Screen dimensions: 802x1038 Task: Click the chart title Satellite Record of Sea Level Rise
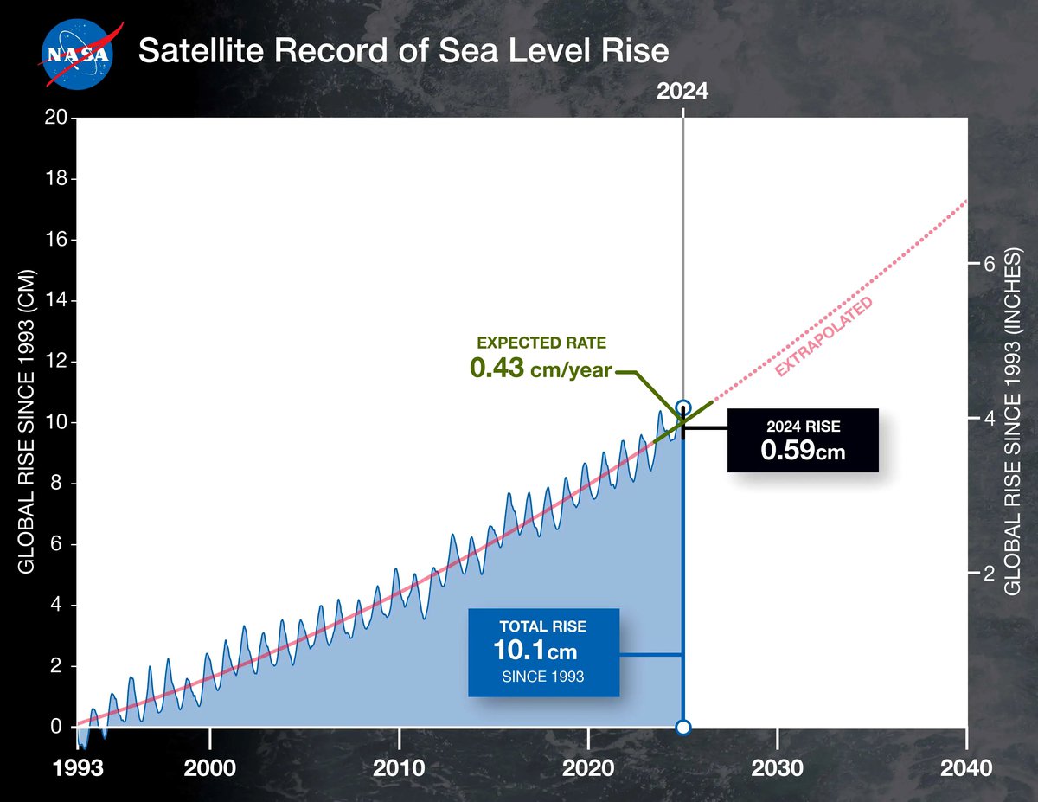[x=403, y=51]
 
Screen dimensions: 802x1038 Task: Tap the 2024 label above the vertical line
[x=682, y=91]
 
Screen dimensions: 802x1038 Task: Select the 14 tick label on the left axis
[x=58, y=301]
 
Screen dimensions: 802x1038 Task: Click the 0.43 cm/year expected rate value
[x=541, y=369]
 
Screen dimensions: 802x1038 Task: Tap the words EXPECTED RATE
[x=541, y=343]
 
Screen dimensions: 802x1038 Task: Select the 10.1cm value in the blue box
[x=535, y=649]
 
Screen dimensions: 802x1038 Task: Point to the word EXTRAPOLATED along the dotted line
[x=823, y=337]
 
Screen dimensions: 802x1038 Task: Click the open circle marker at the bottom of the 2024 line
[x=682, y=727]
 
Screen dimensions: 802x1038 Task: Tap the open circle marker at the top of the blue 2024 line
[x=683, y=407]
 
